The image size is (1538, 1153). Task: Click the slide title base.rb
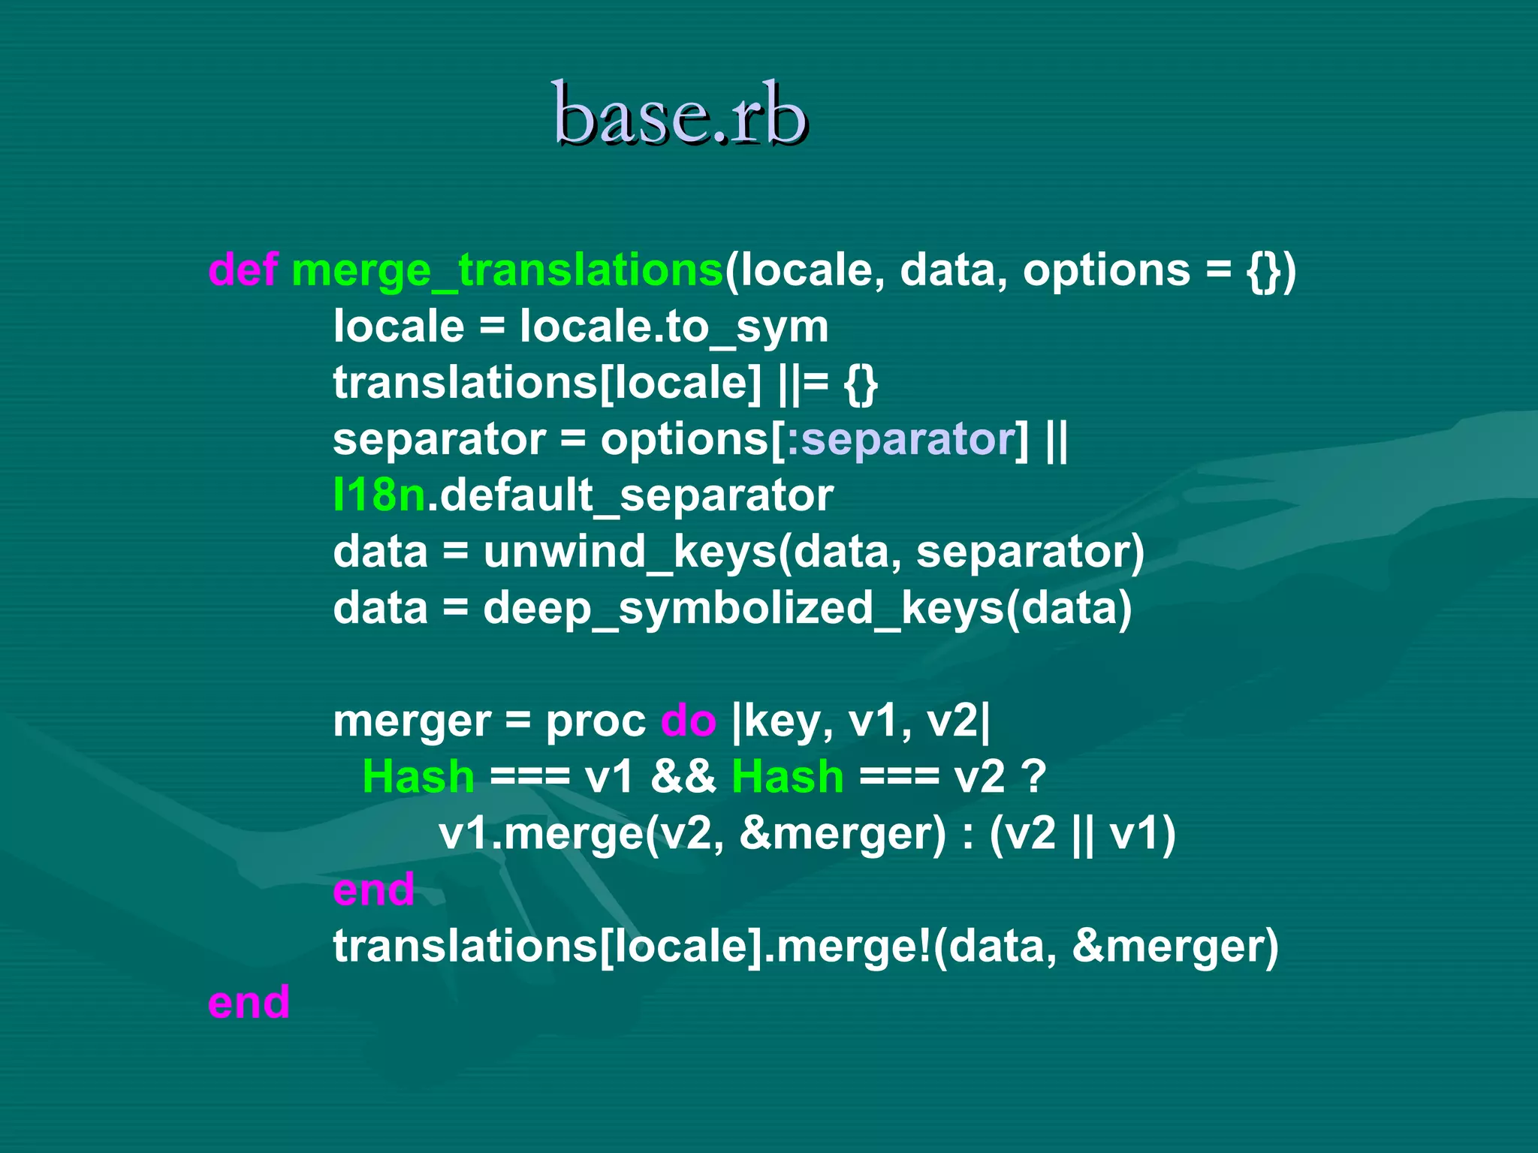[680, 114]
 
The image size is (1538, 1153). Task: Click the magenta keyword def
[243, 269]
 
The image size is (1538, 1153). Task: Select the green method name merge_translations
[507, 270]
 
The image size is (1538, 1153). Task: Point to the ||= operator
[804, 383]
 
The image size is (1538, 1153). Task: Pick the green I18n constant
[379, 495]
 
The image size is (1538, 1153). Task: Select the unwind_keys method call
[629, 552]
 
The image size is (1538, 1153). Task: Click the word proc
[595, 721]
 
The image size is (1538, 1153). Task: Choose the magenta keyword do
[688, 721]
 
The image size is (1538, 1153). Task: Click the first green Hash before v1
[418, 776]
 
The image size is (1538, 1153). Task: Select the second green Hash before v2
[787, 776]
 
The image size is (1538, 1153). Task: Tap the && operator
[683, 776]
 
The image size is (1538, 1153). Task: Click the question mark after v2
[1034, 776]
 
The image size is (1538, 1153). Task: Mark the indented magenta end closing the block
[373, 890]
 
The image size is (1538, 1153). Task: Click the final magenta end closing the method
[249, 1002]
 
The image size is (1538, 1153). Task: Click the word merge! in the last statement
[853, 946]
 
